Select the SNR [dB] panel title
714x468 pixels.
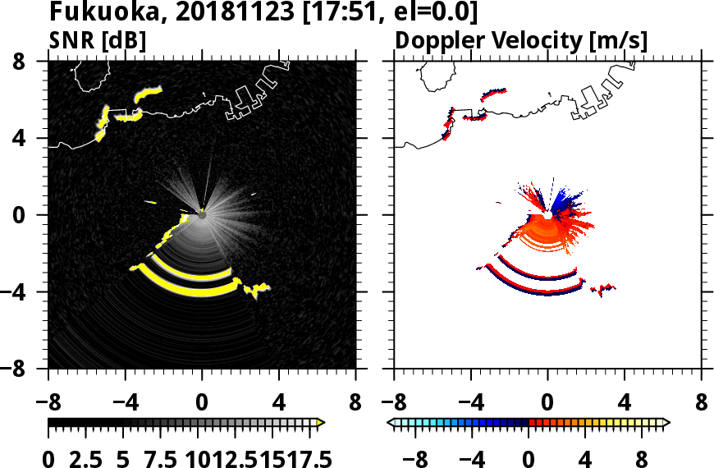(94, 40)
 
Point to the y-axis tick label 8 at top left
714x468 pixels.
(34, 62)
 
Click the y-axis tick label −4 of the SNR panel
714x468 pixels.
(27, 293)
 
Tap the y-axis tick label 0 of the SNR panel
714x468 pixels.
(34, 216)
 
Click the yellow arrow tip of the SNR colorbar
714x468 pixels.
(322, 422)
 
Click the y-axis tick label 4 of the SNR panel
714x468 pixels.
(34, 139)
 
